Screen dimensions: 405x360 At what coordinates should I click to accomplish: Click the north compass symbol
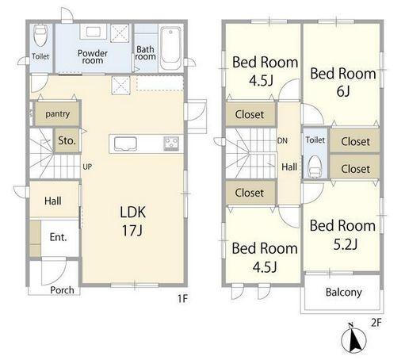pyautogui.click(x=353, y=339)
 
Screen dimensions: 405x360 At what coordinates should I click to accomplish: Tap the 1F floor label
pyautogui.click(x=182, y=299)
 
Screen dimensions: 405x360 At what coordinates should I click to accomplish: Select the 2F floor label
pyautogui.click(x=376, y=323)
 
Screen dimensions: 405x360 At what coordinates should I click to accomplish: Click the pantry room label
pyautogui.click(x=57, y=113)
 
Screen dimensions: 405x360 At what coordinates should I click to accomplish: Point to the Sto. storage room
pyautogui.click(x=67, y=140)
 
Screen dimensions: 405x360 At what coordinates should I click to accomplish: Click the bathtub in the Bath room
pyautogui.click(x=170, y=48)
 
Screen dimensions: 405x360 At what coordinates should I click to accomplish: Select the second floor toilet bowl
pyautogui.click(x=315, y=166)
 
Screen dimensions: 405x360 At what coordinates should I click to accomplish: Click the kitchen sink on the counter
pyautogui.click(x=125, y=144)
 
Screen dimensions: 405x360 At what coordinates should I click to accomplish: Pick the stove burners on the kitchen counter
pyautogui.click(x=172, y=144)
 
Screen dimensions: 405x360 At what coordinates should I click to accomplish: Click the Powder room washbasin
pyautogui.click(x=93, y=32)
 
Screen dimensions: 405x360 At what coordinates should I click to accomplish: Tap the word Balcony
pyautogui.click(x=343, y=293)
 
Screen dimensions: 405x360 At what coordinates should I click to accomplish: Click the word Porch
pyautogui.click(x=62, y=290)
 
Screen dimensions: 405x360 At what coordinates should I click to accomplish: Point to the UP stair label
pyautogui.click(x=87, y=167)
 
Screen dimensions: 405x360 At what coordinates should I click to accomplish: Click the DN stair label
pyautogui.click(x=282, y=140)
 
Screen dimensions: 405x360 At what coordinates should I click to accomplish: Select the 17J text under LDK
pyautogui.click(x=132, y=230)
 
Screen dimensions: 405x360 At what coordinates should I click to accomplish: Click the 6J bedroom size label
pyautogui.click(x=343, y=91)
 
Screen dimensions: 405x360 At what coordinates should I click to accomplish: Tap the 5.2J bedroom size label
pyautogui.click(x=346, y=244)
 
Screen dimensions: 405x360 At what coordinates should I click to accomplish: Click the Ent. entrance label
pyautogui.click(x=58, y=237)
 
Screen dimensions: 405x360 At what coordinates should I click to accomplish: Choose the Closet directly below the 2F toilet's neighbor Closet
pyautogui.click(x=355, y=168)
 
